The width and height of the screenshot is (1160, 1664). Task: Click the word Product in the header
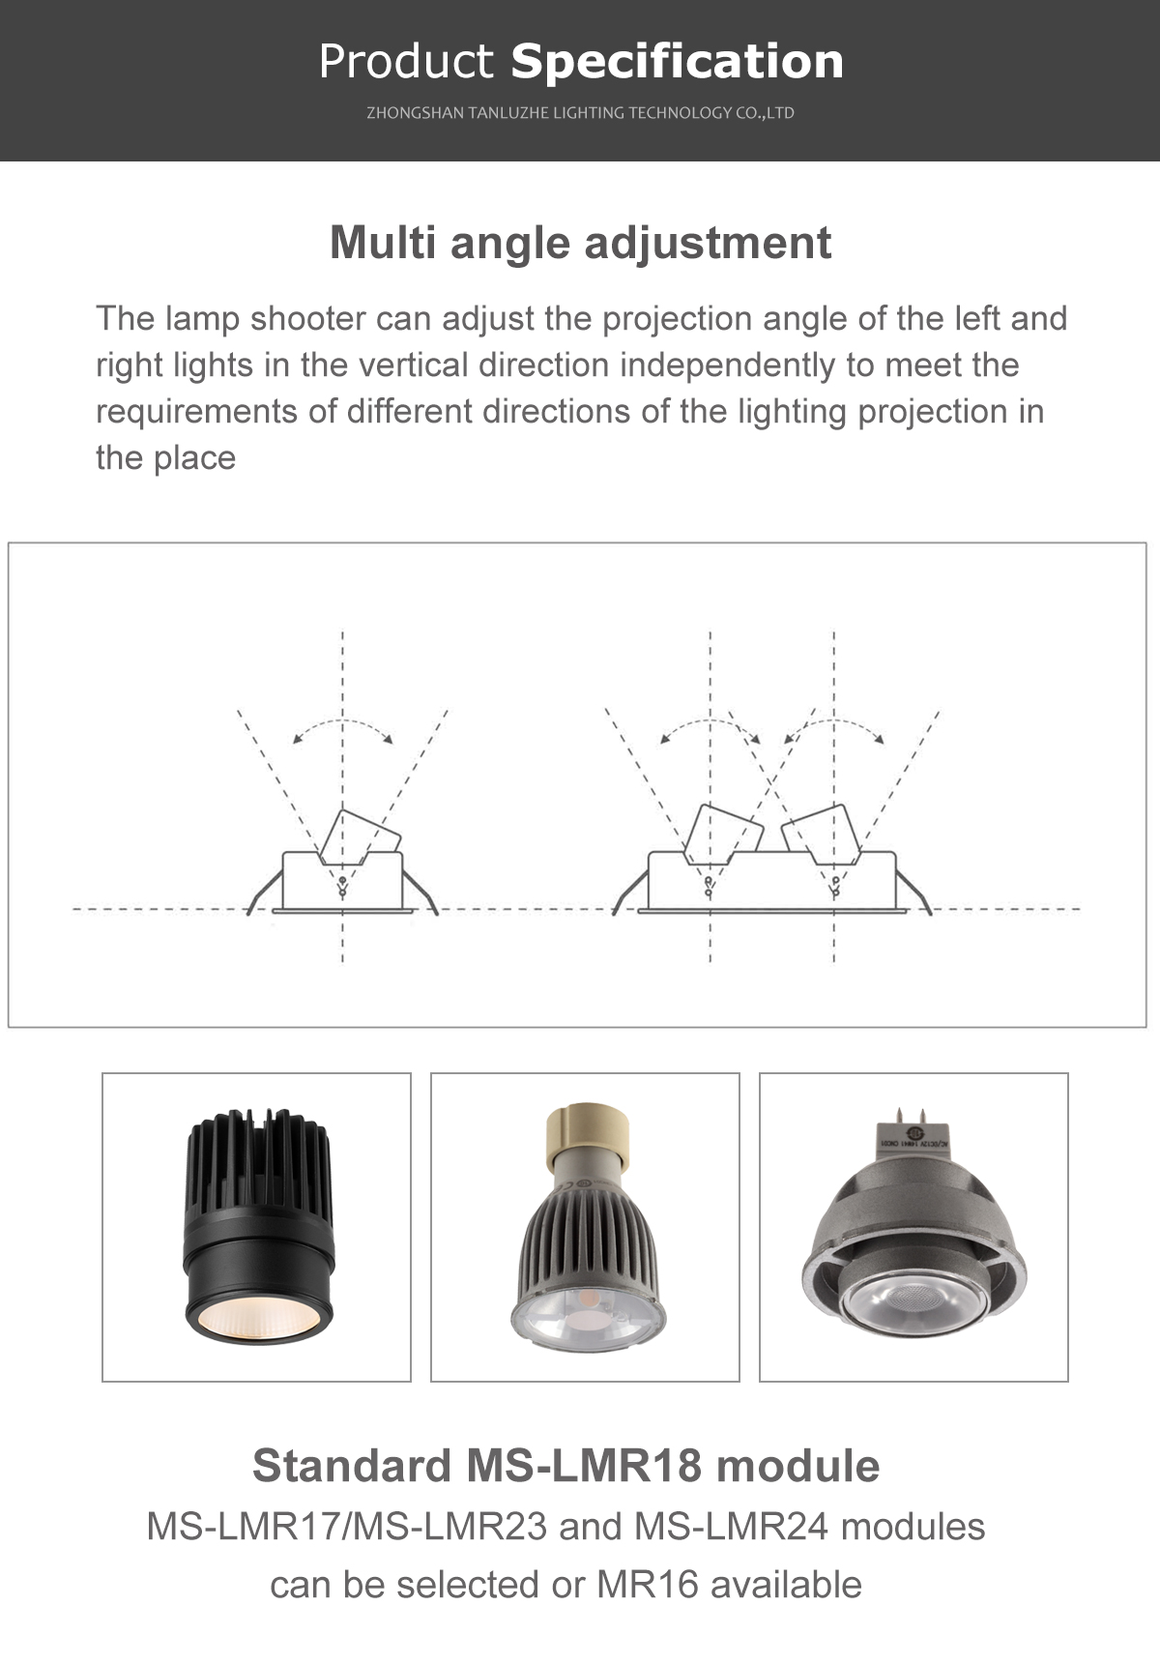(406, 61)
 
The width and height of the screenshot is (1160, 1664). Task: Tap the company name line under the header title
(580, 113)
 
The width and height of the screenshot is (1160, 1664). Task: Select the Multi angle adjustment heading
(580, 244)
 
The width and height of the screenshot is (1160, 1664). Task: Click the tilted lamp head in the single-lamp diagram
(359, 836)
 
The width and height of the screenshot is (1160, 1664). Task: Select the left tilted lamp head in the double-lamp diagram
(724, 833)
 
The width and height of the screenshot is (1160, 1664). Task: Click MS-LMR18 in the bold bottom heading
(584, 1466)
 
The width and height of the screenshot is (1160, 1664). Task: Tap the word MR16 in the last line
(648, 1586)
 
